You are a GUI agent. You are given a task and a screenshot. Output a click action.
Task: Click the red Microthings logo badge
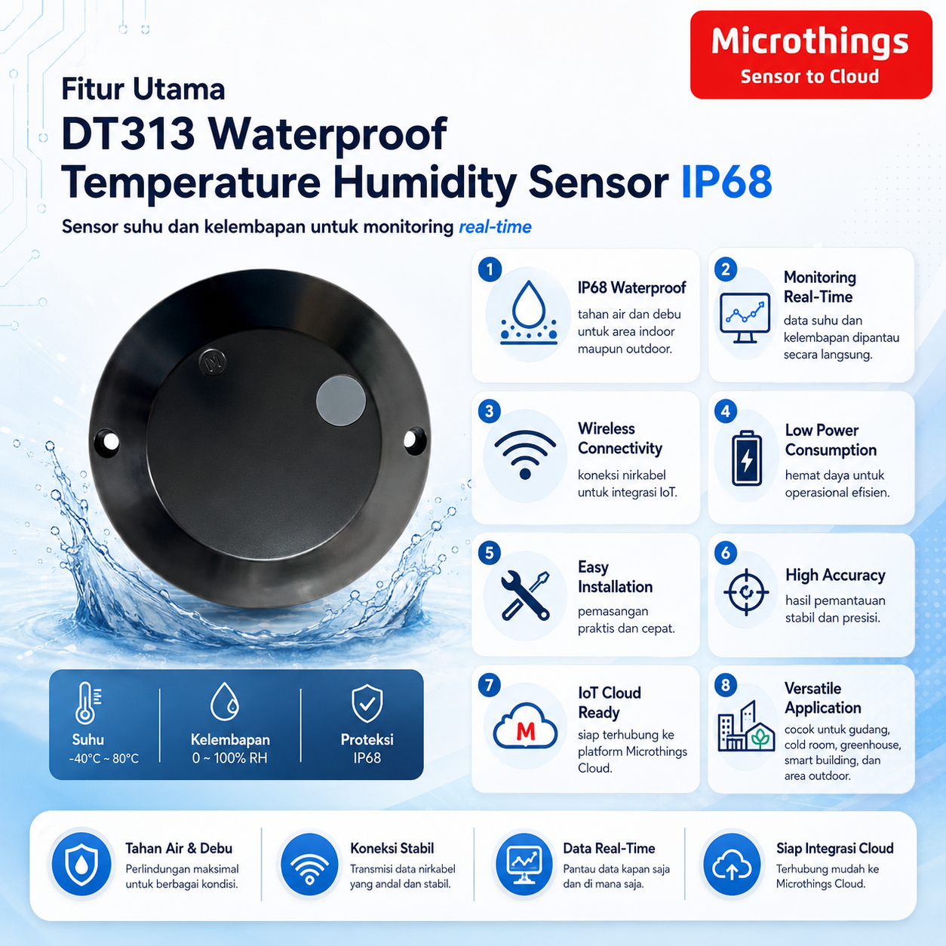click(x=811, y=54)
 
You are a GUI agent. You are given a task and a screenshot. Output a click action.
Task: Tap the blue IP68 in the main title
click(x=726, y=182)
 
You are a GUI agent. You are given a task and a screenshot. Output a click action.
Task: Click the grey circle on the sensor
click(x=341, y=400)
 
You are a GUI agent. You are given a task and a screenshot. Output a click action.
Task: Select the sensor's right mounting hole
click(x=413, y=439)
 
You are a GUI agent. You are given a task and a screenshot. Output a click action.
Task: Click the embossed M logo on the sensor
click(x=213, y=362)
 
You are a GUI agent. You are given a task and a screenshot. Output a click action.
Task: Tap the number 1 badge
click(x=490, y=269)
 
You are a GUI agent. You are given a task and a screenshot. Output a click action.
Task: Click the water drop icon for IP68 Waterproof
click(x=529, y=312)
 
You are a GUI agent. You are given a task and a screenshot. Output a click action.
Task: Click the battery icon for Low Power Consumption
click(x=747, y=458)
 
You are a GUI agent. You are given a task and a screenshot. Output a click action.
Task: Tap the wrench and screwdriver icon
click(x=525, y=595)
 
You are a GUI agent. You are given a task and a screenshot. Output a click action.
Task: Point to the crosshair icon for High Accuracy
click(x=746, y=592)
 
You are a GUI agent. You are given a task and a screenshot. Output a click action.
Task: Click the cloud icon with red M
click(x=525, y=726)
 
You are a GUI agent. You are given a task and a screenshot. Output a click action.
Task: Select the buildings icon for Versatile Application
click(x=746, y=726)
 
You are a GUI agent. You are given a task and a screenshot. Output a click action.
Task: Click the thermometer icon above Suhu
click(x=88, y=702)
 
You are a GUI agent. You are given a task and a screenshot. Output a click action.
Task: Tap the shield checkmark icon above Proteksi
click(x=367, y=703)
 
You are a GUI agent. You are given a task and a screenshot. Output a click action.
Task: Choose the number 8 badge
click(x=726, y=685)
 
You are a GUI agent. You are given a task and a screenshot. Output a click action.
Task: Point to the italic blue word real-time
click(x=495, y=227)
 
